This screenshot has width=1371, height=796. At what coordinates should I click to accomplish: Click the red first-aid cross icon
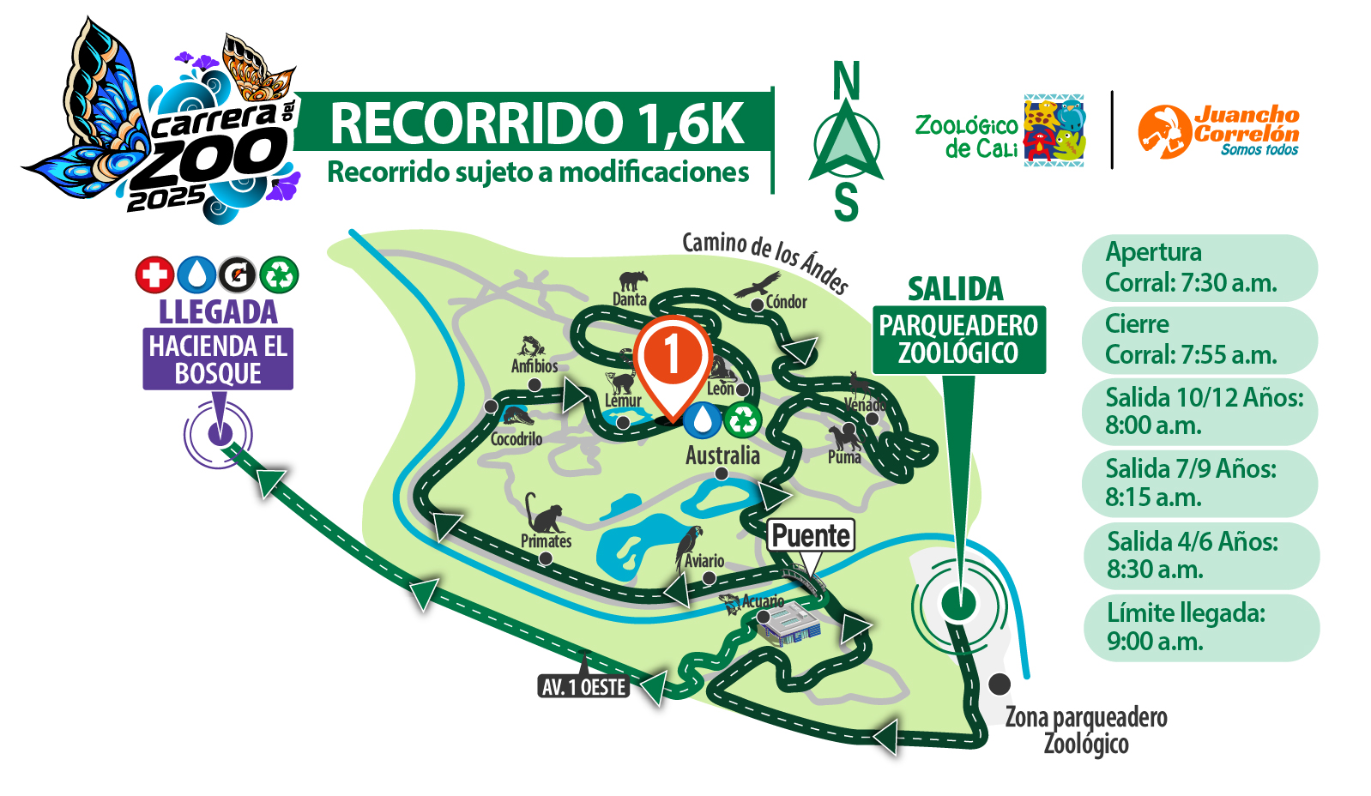coord(154,275)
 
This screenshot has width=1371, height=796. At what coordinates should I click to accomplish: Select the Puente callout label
coord(811,536)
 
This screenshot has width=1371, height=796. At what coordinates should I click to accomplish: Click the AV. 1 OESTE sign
coord(584,686)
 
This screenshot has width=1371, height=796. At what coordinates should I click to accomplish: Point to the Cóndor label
coord(786,301)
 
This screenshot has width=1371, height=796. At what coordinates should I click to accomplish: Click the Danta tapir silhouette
coord(634,280)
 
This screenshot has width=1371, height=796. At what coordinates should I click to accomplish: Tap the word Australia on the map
coord(722,455)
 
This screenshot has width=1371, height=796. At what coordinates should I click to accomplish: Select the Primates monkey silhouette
coord(543,514)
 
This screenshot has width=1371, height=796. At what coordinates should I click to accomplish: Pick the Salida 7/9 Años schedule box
coord(1199,483)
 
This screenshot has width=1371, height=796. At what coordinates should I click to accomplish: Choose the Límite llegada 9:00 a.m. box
coord(1200,627)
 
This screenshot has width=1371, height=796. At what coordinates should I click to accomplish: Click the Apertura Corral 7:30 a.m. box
coord(1199,267)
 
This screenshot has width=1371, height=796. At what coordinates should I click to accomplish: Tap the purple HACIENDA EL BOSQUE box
coord(218,359)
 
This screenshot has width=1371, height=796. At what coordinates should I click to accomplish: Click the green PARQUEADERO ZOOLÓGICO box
coord(958,340)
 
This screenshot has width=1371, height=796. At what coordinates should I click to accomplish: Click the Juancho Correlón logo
coord(1218,131)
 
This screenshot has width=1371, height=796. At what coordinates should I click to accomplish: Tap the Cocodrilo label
coord(516,438)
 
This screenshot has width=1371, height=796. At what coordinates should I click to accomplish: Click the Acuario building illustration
coord(788,624)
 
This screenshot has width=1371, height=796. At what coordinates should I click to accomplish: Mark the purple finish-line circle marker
coord(219,433)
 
